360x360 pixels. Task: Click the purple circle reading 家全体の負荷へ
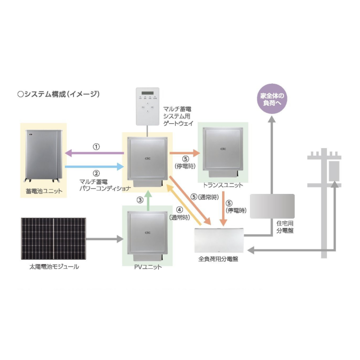point(272,99)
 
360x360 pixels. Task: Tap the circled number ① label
point(96,147)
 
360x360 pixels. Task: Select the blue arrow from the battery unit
point(95,167)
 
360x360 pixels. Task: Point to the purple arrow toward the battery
point(95,153)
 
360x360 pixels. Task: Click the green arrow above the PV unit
point(148,200)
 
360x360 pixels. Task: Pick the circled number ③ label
point(140,200)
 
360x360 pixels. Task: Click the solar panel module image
point(54,239)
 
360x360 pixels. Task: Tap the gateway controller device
point(148,106)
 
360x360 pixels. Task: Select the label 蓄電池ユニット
point(44,191)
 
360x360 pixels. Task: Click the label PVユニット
point(148,267)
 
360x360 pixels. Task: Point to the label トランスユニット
point(223,185)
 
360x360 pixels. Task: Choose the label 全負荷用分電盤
point(218,259)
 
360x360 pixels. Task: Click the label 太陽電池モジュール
point(54,266)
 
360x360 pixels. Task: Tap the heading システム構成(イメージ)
point(58,94)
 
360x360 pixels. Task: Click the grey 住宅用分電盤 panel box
point(272,206)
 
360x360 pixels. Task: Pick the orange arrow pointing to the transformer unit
point(185,153)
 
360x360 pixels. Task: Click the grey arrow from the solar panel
point(105,239)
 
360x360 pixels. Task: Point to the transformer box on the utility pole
point(334,171)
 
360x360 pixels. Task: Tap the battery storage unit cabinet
point(44,156)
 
